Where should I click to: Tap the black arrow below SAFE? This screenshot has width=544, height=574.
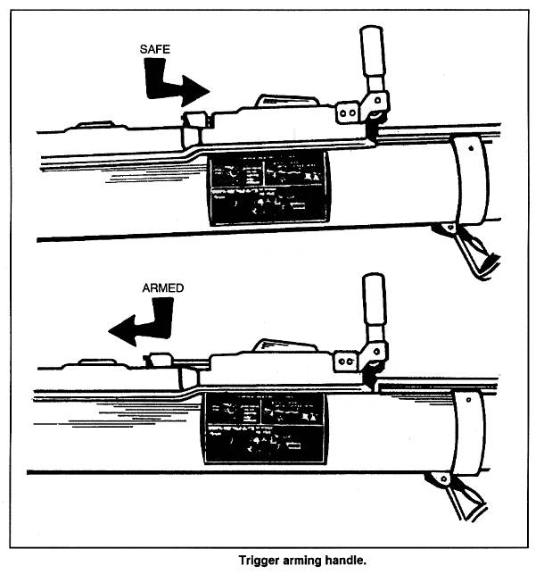point(174,88)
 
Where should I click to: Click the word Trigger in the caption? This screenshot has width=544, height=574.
point(260,561)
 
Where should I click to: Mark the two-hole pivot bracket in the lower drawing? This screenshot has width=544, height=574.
point(347,360)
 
